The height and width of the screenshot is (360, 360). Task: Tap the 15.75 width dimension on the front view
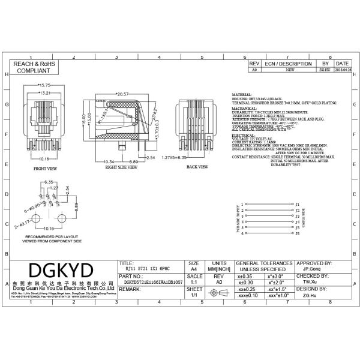44,85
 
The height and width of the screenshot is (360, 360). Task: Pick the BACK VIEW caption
196,166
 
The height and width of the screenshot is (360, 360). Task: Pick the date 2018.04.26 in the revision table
342,70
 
